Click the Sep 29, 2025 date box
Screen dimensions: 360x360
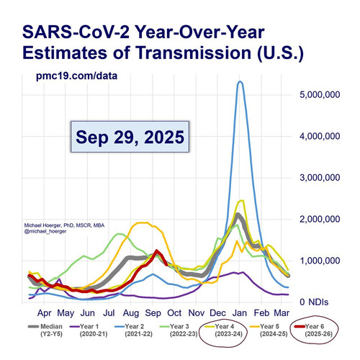130,137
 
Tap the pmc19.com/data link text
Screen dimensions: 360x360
76,76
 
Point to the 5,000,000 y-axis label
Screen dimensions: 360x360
320,94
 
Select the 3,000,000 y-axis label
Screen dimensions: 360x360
320,178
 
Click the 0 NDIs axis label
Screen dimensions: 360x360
314,302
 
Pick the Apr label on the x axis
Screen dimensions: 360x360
45,313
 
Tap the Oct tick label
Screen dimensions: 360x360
174,313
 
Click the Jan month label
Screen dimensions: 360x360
240,313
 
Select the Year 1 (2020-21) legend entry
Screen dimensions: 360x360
89,330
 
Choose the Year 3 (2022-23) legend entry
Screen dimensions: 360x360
179,330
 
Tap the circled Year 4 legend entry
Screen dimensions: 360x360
224,330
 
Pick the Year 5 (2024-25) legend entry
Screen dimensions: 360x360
269,330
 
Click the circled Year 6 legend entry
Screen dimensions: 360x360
314,330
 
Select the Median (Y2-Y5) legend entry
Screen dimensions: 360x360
45,330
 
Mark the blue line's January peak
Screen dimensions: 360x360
240,81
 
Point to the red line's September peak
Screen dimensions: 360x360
157,251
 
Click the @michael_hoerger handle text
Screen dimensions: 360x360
45,232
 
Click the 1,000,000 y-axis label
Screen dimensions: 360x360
320,261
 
